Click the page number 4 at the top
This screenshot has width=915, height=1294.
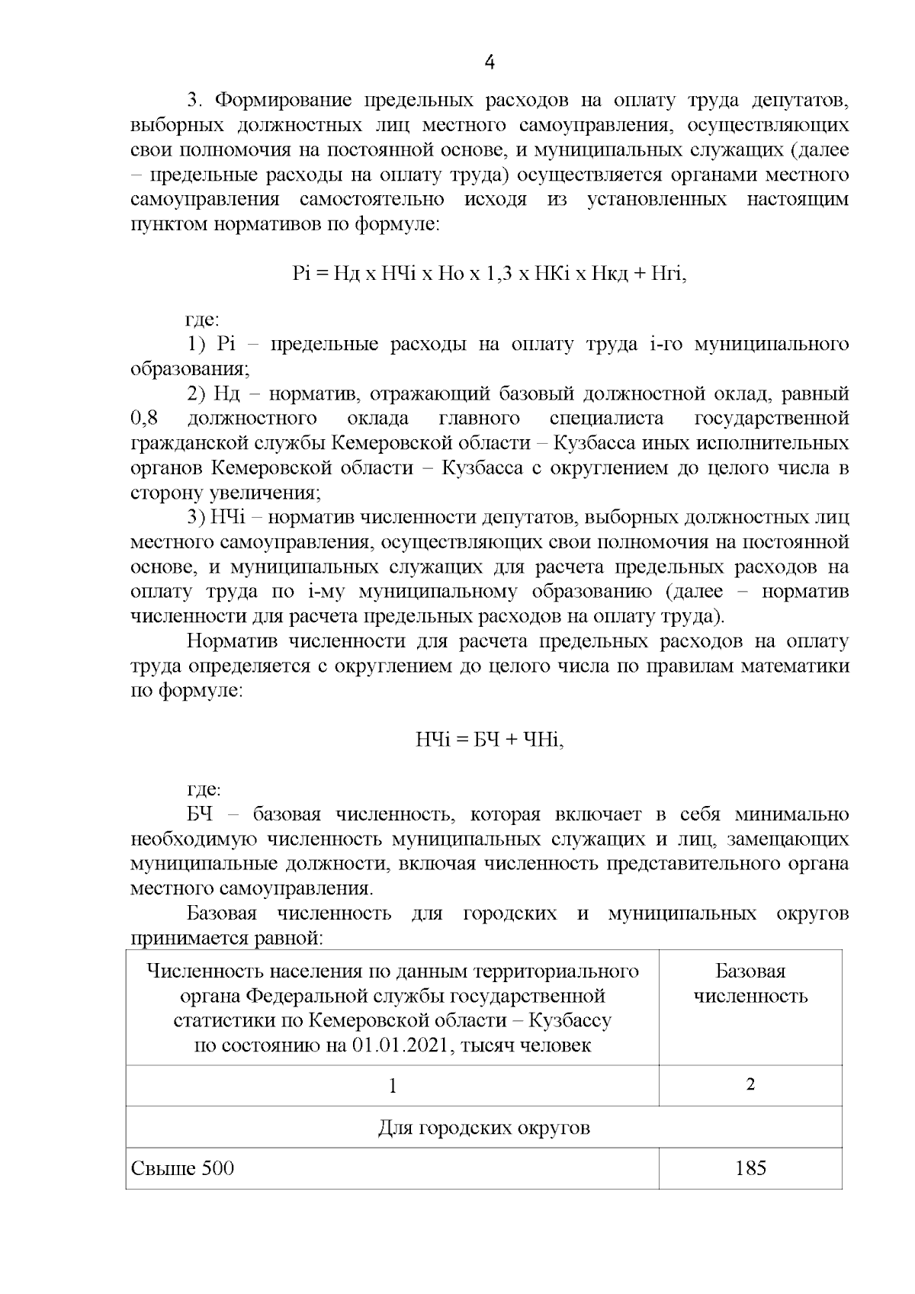pos(490,63)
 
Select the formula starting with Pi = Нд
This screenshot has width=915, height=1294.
pos(490,274)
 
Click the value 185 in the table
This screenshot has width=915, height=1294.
pos(750,1167)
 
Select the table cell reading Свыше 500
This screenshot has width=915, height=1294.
pos(183,1168)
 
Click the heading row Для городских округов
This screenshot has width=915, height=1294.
pos(483,1127)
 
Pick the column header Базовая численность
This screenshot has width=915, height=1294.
pos(750,984)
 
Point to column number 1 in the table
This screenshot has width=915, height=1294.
pos(392,1085)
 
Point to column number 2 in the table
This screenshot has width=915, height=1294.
pos(750,1085)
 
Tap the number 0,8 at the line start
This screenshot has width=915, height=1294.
pos(144,419)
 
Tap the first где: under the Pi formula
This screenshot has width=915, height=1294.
pos(203,319)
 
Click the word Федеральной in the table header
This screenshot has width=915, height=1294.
pos(311,996)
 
